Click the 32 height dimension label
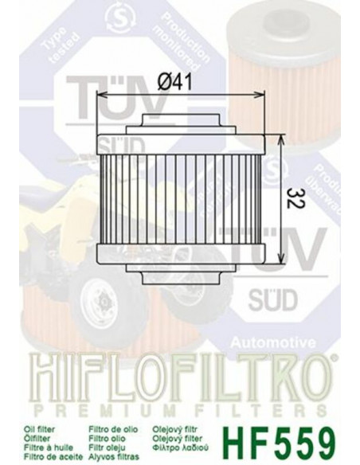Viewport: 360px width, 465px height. (x=296, y=199)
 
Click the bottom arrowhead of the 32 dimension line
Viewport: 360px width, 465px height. (x=280, y=259)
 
